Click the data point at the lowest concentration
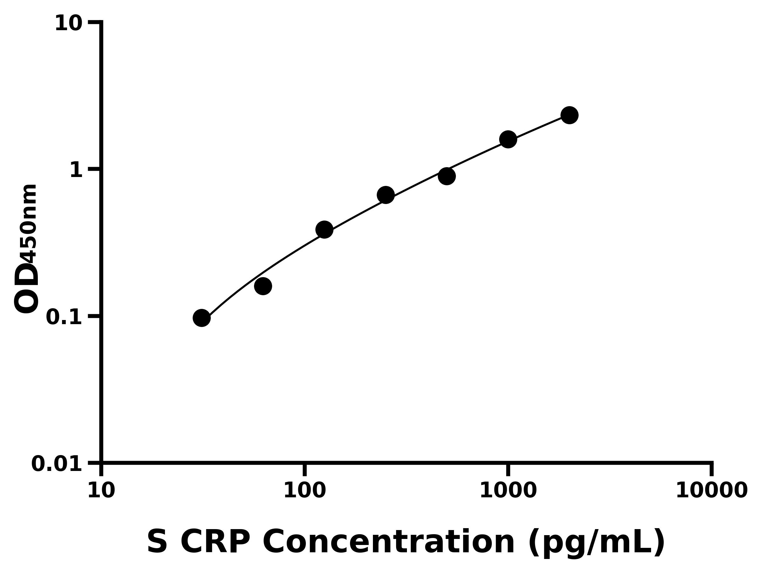202,317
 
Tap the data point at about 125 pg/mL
324,230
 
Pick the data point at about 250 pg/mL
386,195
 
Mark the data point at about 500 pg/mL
447,176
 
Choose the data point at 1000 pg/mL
508,139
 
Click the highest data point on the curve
569,115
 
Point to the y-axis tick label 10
69,24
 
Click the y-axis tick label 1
76,170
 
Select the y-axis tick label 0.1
64,317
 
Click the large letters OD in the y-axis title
27,288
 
